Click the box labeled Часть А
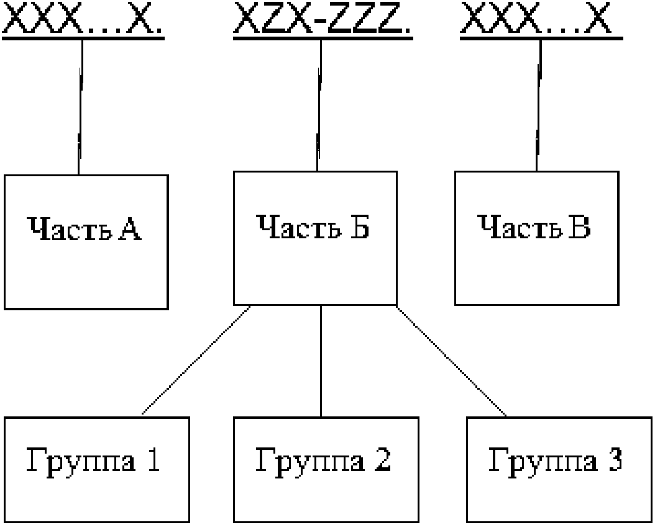pyautogui.click(x=86, y=242)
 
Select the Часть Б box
pyautogui.click(x=315, y=238)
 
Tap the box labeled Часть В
pyautogui.click(x=536, y=238)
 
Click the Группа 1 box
pyautogui.click(x=97, y=469)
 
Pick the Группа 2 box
pyautogui.click(x=326, y=469)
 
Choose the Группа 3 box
pyautogui.click(x=559, y=469)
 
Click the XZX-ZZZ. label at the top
pyautogui.click(x=322, y=17)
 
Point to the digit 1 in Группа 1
pyautogui.click(x=153, y=459)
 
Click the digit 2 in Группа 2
pyautogui.click(x=383, y=459)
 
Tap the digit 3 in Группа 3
pyautogui.click(x=615, y=459)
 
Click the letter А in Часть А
pyautogui.click(x=130, y=228)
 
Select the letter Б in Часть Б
pyautogui.click(x=360, y=227)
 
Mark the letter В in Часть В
pyautogui.click(x=580, y=227)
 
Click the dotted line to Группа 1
pyautogui.click(x=196, y=360)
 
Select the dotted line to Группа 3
pyautogui.click(x=451, y=361)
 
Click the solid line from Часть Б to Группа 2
pyautogui.click(x=321, y=361)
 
